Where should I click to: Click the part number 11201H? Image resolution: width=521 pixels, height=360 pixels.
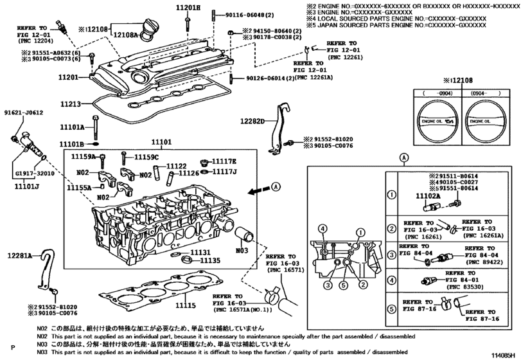(189, 7)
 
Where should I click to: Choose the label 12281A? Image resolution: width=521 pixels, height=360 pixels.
(20, 255)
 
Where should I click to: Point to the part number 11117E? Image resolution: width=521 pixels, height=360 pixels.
(225, 161)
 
